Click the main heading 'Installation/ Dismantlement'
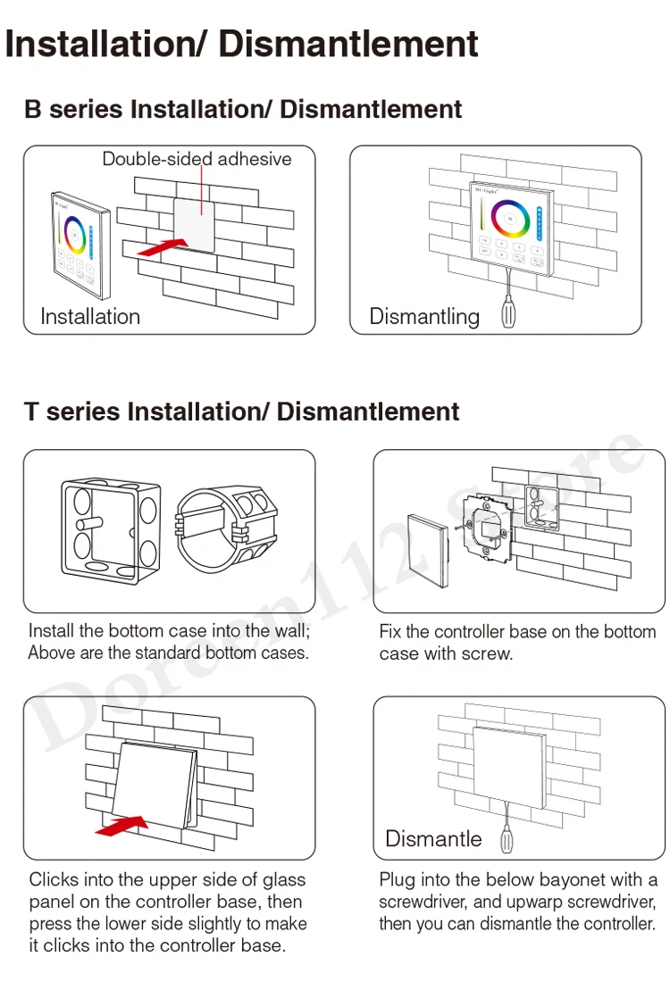[242, 44]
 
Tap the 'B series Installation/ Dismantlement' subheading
[243, 110]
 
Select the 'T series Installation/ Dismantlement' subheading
[241, 412]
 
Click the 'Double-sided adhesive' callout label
[197, 160]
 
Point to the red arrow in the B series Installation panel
[163, 246]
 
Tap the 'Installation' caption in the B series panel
[90, 316]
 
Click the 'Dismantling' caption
[424, 316]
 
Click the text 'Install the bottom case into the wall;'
[170, 631]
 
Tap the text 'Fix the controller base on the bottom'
[517, 632]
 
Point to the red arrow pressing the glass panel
[121, 826]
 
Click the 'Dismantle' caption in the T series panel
[433, 838]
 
